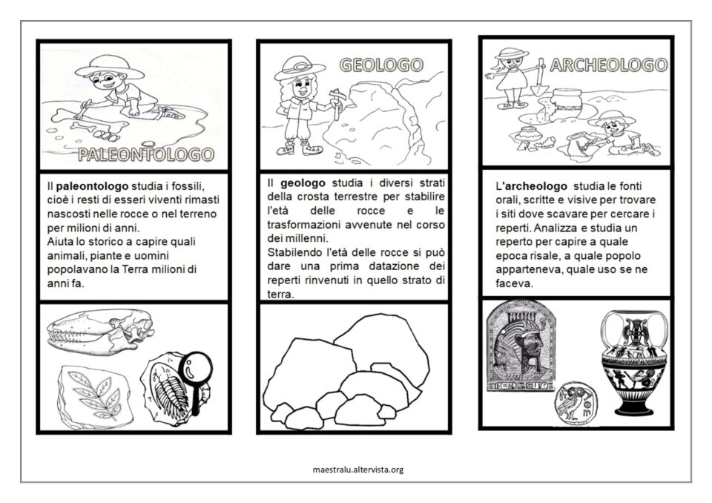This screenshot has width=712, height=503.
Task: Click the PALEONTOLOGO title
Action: pos(146,154)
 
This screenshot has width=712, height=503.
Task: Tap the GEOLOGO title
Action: pos(381,65)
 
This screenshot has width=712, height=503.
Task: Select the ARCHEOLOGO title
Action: pos(609,65)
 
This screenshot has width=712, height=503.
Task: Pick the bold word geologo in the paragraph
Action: pos(303,183)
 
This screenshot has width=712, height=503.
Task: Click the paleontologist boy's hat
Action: pos(105,68)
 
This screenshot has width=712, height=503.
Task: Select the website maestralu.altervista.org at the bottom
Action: pos(358,470)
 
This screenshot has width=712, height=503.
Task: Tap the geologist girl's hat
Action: pos(300,68)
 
